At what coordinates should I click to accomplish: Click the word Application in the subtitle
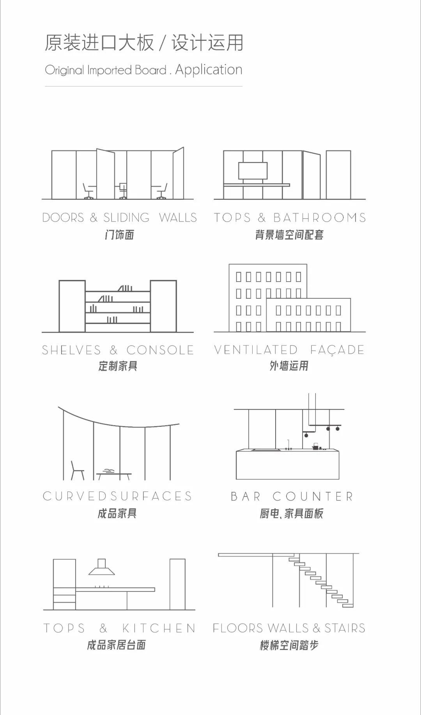pos(209,70)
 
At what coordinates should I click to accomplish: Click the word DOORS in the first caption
pos(63,218)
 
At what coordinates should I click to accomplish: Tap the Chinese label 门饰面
pos(119,235)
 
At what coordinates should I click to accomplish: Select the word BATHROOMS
pos(320,218)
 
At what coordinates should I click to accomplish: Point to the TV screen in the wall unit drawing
pos(253,171)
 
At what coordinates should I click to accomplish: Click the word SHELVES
pos(71,350)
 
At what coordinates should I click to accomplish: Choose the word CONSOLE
pos(160,350)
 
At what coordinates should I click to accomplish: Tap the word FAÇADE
pos(337,350)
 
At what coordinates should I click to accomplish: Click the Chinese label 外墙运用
pos(289,366)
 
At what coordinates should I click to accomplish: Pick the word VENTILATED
pos(256,350)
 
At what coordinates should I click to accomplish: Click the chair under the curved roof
pos(77,470)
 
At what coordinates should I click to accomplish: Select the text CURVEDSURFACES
pos(117,496)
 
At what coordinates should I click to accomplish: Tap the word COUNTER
pos(313,497)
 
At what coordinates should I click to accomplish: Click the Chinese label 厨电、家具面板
pos(292,514)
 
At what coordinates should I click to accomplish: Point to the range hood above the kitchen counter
pos(102,568)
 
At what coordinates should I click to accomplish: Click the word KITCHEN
pos(159,628)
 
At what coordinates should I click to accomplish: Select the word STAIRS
pos(345,628)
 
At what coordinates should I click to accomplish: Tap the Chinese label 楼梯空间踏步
pos(289,645)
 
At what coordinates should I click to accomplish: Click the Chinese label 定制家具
pos(118,366)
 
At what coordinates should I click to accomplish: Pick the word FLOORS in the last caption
pos(238,628)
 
